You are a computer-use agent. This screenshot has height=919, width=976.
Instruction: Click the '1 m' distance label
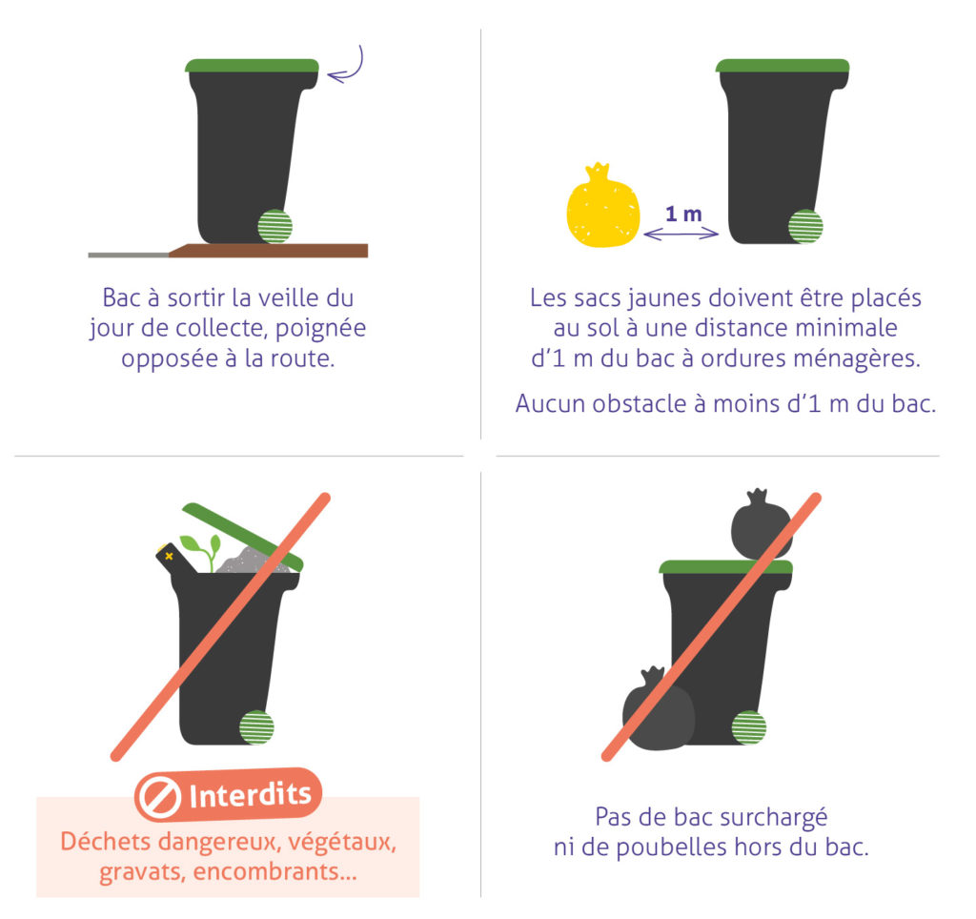pos(682,214)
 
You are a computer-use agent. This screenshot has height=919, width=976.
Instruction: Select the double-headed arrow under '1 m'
pos(681,233)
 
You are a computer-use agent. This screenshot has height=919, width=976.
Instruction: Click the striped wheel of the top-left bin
pos(274,226)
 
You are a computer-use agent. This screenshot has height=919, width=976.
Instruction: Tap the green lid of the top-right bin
pos(782,66)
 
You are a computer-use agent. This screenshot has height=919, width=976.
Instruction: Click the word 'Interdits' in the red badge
pos(250,795)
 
